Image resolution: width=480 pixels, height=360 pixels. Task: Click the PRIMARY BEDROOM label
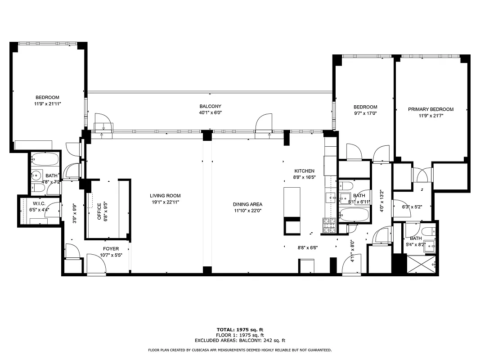click(431, 109)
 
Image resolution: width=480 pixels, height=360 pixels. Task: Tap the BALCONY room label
click(211, 106)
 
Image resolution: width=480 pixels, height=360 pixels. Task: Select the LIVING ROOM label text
click(165, 196)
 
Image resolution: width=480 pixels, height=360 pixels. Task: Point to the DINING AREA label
click(247, 204)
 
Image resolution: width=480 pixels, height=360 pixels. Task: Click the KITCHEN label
click(304, 171)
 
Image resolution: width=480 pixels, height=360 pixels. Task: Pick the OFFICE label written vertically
click(99, 212)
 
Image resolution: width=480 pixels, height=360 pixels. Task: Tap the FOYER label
click(111, 249)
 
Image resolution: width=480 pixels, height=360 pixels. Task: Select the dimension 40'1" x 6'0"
click(211, 113)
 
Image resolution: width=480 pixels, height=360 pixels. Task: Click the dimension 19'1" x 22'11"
click(165, 202)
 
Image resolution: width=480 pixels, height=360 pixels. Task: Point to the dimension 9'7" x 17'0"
click(365, 113)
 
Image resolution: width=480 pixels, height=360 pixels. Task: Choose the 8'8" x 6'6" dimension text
click(308, 247)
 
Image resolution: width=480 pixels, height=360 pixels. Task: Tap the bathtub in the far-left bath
click(45, 160)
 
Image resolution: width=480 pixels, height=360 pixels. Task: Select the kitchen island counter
click(292, 202)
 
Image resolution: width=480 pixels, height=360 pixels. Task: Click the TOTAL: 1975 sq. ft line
click(240, 330)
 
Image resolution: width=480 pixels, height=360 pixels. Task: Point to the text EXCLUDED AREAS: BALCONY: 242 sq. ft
click(240, 341)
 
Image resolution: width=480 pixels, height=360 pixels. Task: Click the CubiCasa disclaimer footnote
click(240, 350)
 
